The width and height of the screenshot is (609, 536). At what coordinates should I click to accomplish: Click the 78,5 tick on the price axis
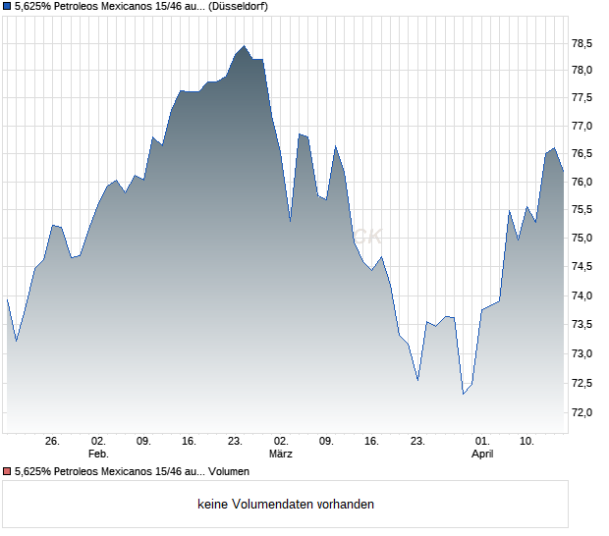[x=583, y=43]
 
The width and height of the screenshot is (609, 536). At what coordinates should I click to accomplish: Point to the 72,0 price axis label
[x=583, y=412]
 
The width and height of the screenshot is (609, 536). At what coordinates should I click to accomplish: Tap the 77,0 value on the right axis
[x=583, y=127]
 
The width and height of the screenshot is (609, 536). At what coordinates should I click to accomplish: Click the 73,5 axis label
[x=583, y=324]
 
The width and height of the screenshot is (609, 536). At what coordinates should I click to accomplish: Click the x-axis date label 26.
[x=53, y=442]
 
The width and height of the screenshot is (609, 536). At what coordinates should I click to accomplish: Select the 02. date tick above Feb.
[x=97, y=442]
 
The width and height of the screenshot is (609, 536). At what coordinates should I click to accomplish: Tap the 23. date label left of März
[x=235, y=442]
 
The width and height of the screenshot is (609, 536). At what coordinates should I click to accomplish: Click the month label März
[x=281, y=455]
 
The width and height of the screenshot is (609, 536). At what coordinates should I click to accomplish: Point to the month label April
[x=482, y=455]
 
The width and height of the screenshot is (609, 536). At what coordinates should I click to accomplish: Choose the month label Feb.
[x=97, y=455]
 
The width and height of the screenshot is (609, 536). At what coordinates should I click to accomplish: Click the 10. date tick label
[x=527, y=442]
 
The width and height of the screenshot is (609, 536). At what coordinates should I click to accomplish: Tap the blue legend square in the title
[x=7, y=7]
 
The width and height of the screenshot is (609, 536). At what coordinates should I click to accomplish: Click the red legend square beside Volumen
[x=7, y=472]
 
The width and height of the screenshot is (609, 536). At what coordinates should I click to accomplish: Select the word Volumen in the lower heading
[x=229, y=472]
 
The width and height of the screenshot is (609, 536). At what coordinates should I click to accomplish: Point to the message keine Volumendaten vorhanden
[x=285, y=505]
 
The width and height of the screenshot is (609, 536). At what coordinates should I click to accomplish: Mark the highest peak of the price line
[x=245, y=46]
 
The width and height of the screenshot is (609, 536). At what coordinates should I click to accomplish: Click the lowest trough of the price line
[x=464, y=394]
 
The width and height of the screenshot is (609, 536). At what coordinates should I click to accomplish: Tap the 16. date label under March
[x=372, y=442]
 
